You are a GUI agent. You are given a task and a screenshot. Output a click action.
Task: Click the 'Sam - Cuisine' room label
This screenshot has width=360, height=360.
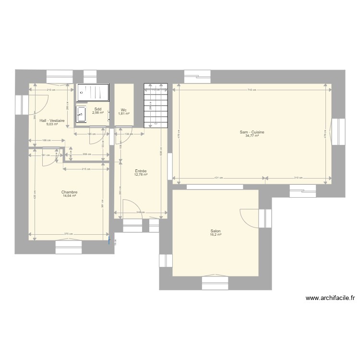pos(252,132)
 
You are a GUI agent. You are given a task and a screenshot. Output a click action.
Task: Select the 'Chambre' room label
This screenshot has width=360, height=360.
pos(70,192)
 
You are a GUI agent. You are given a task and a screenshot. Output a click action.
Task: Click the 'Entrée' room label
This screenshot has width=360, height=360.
pos(141,171)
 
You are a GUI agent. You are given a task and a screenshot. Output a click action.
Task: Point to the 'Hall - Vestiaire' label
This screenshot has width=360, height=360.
pos(52,120)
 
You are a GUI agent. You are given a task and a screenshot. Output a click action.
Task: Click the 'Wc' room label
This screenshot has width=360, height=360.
pos(124,109)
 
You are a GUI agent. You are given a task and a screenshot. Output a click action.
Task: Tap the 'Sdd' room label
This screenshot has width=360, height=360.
pos(98,109)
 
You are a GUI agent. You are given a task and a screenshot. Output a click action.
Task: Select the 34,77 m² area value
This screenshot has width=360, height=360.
pos(252,136)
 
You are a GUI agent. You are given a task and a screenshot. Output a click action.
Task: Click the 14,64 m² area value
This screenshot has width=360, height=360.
pos(70,195)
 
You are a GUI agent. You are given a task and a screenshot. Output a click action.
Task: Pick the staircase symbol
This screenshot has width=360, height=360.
pos(156,106)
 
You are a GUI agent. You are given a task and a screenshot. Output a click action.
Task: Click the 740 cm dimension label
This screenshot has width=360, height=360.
pos(252,90)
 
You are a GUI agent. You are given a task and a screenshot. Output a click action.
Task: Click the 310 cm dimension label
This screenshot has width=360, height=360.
pos(298,178)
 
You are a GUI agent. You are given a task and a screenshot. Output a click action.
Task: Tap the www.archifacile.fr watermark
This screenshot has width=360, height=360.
pos(330,298)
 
